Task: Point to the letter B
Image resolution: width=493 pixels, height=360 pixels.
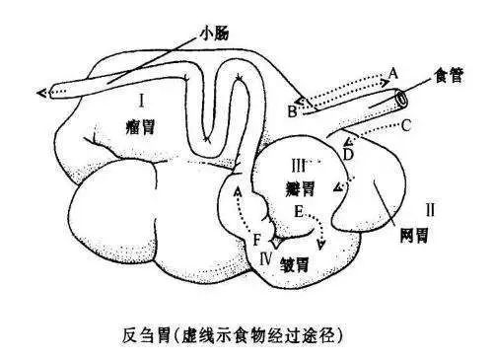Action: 292,111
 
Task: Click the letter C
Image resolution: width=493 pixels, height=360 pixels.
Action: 405,124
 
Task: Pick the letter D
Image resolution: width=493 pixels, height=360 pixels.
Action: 348,152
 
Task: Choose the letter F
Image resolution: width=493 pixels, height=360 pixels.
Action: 257,239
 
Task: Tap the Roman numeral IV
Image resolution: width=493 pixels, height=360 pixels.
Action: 264,258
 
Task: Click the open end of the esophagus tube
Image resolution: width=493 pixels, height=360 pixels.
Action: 399,99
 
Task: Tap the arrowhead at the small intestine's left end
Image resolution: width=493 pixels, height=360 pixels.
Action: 41,93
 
